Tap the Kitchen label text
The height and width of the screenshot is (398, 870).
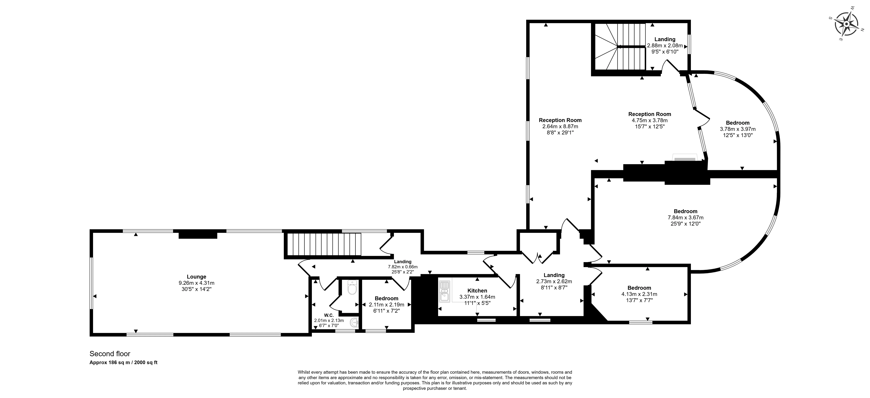[x=477, y=291]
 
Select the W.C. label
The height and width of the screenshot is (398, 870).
[x=329, y=315]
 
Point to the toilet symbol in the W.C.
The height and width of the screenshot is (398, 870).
[x=352, y=288]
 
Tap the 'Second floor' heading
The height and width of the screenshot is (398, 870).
[x=110, y=354]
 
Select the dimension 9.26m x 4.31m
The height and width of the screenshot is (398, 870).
[x=196, y=283]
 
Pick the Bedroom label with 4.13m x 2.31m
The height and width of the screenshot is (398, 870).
[x=639, y=288]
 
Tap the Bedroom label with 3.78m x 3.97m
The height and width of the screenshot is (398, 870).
[x=738, y=123]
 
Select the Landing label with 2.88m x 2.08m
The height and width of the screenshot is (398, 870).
[x=665, y=40]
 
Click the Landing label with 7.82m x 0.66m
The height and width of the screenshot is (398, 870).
[x=403, y=262]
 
